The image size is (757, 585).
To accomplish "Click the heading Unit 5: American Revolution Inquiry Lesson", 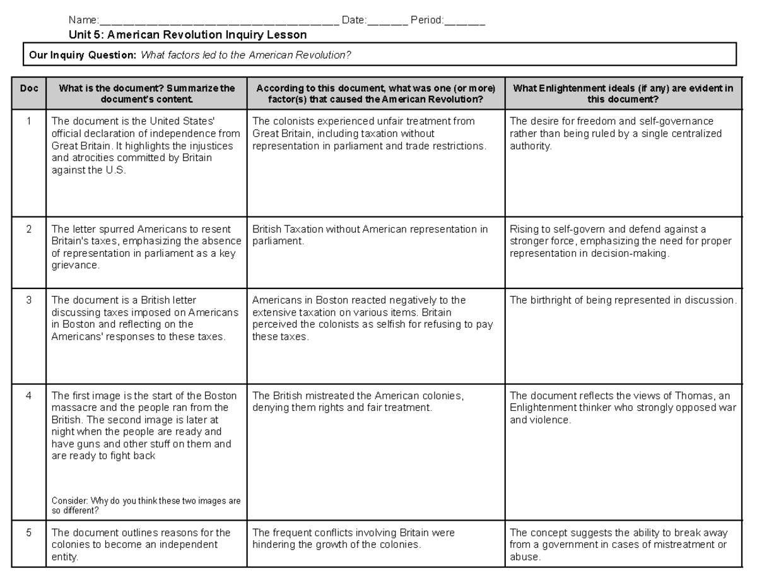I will tap(188, 35).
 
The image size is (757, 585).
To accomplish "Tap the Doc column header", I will tap(29, 89).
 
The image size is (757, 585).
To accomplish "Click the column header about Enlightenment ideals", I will tap(623, 94).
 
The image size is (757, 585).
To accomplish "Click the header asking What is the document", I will tap(146, 94).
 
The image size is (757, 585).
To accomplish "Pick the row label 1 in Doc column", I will tap(29, 121).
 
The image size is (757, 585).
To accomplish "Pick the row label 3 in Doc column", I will tap(29, 300).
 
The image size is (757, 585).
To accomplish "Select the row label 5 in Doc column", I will tap(29, 533).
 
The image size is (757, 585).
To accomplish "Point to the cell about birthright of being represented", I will tap(623, 300).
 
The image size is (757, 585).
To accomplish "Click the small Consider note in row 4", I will tap(146, 505).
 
